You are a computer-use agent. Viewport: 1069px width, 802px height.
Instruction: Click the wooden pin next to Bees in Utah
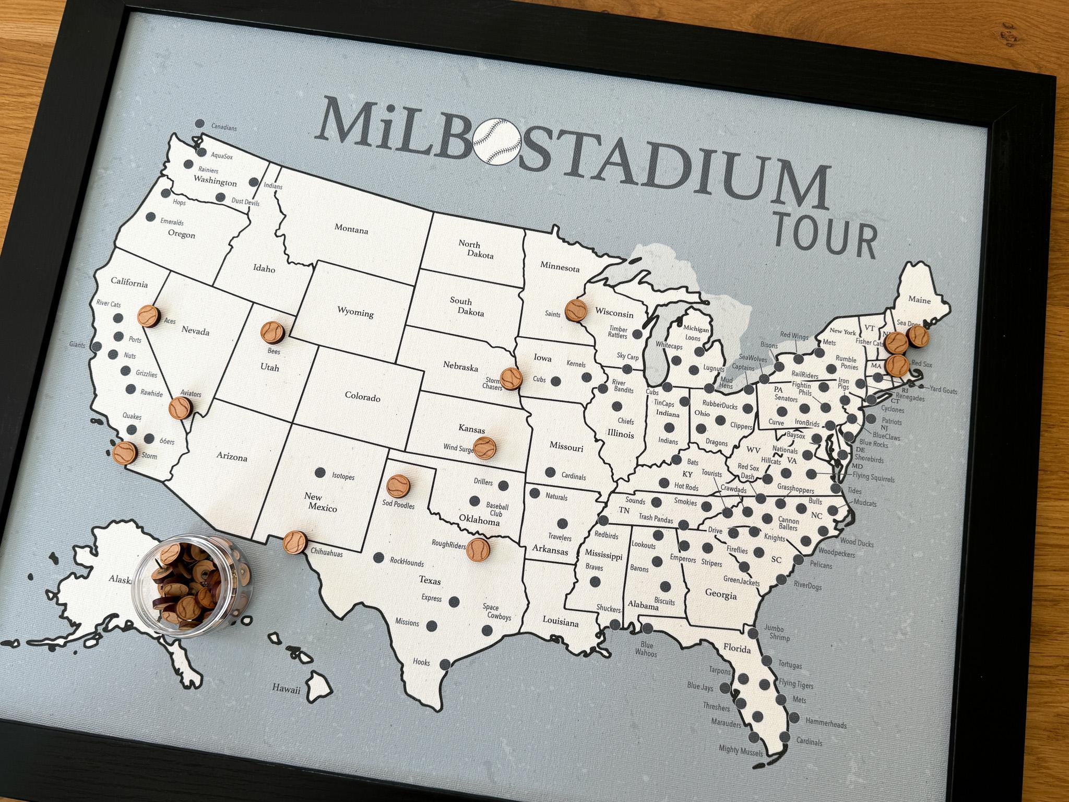(x=272, y=332)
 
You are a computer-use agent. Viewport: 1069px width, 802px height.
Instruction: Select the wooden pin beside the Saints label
(x=575, y=310)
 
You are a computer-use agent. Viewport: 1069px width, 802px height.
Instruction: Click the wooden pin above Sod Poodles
(x=398, y=486)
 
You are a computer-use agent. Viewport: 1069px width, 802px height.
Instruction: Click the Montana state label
(x=351, y=229)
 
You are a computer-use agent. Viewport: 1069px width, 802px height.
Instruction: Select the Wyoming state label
(x=355, y=313)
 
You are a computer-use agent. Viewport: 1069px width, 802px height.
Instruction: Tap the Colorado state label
(x=362, y=397)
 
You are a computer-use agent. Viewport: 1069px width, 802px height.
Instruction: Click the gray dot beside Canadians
(x=199, y=139)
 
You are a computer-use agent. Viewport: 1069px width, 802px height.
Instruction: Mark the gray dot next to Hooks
(x=445, y=665)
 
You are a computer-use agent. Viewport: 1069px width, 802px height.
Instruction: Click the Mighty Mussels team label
(x=740, y=751)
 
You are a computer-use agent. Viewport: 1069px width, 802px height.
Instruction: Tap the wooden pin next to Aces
(x=148, y=315)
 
